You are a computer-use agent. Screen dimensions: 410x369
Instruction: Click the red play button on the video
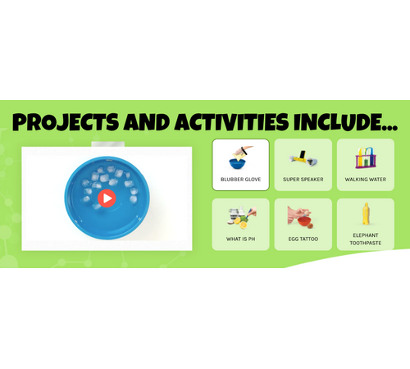click(x=107, y=198)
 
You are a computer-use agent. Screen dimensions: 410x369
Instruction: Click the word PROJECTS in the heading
click(x=66, y=121)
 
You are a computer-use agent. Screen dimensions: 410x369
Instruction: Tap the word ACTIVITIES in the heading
click(x=232, y=121)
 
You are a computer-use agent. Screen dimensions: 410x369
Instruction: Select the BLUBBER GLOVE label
click(x=241, y=180)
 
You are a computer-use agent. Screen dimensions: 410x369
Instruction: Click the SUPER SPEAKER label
click(x=303, y=180)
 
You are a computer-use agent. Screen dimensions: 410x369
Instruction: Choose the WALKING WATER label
click(x=366, y=180)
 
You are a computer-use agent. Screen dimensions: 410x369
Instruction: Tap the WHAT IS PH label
click(x=241, y=239)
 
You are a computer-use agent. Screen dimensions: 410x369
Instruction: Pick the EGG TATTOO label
click(x=303, y=239)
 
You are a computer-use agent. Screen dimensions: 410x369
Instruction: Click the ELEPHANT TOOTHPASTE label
click(x=366, y=239)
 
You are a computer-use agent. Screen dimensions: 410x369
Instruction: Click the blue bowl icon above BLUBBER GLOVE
click(x=237, y=163)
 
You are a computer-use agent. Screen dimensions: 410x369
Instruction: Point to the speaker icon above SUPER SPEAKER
click(x=303, y=158)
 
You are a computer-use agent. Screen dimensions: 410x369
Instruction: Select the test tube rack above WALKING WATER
click(x=366, y=157)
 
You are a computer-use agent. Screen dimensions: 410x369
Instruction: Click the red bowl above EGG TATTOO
click(x=304, y=221)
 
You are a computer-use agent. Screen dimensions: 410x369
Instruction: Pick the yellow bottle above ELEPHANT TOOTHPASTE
click(x=366, y=214)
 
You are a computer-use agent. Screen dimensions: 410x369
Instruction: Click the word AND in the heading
click(x=147, y=121)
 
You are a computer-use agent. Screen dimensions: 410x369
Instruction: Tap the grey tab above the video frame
click(x=108, y=144)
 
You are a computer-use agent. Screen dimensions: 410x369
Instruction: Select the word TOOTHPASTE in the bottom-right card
click(x=366, y=243)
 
